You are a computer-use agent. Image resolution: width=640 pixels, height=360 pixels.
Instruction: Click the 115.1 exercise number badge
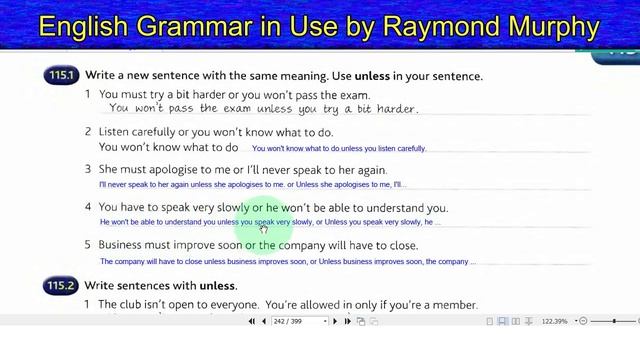pyautogui.click(x=63, y=76)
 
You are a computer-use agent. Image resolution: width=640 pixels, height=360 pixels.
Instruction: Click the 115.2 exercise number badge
pyautogui.click(x=63, y=285)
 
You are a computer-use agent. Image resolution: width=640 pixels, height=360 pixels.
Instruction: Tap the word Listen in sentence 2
pyautogui.click(x=117, y=132)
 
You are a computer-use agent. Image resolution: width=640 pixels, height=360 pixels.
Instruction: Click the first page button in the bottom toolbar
pyautogui.click(x=252, y=321)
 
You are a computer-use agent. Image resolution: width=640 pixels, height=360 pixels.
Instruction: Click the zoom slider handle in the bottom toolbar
pyautogui.click(x=613, y=321)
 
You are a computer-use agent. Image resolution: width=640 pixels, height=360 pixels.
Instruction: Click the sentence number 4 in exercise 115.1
pyautogui.click(x=88, y=208)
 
